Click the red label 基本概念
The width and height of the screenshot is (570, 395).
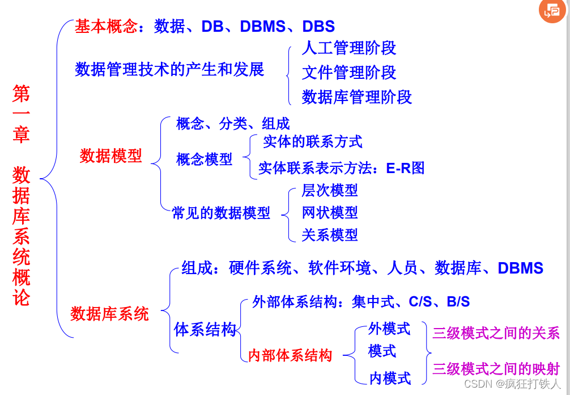coord(107,26)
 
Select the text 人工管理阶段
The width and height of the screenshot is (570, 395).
coord(348,48)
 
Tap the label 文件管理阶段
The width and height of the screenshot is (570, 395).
coord(348,73)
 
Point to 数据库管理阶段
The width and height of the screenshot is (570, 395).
coord(356,97)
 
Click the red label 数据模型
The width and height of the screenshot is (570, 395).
coord(110,156)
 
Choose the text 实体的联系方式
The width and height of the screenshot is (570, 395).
coord(312,141)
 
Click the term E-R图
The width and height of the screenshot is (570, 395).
coord(405,168)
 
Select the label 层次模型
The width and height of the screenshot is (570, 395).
coord(330,190)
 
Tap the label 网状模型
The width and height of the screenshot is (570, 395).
coord(330,212)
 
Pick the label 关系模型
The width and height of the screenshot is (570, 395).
coord(330,234)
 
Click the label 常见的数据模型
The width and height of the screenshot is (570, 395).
coord(221,213)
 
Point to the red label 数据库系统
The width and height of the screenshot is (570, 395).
coord(109,313)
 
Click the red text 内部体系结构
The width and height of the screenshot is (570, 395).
coord(290,356)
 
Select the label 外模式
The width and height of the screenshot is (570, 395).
coord(389,329)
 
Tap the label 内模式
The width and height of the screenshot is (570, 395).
coord(390,378)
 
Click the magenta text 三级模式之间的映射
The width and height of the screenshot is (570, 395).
coord(496,369)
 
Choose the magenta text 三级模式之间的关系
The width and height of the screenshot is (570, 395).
coord(496,333)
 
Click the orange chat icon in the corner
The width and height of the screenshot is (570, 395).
coord(551,11)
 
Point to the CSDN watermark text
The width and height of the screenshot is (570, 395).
coord(512,384)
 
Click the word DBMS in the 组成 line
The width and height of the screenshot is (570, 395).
coord(520,268)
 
